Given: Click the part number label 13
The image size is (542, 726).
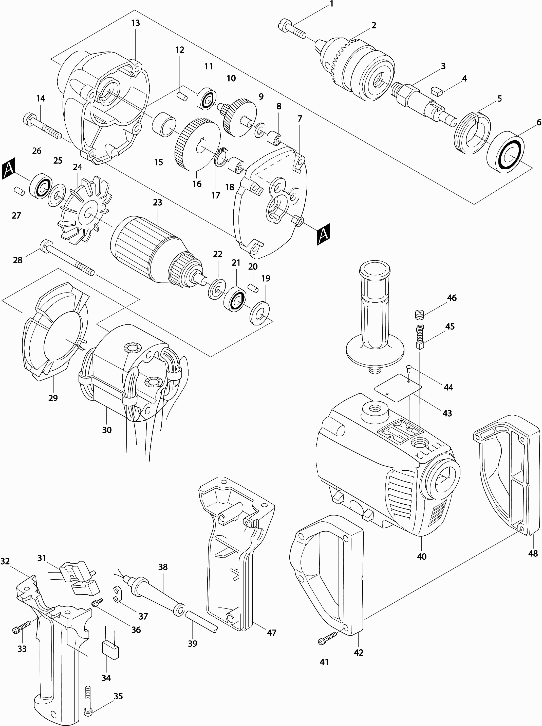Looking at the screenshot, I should (x=135, y=23).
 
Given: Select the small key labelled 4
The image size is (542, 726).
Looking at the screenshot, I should (x=437, y=90).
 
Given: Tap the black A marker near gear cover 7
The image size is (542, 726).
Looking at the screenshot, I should (x=323, y=234).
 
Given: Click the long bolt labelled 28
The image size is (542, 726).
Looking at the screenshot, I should (x=67, y=258).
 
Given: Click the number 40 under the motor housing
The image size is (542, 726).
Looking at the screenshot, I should (x=421, y=557).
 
